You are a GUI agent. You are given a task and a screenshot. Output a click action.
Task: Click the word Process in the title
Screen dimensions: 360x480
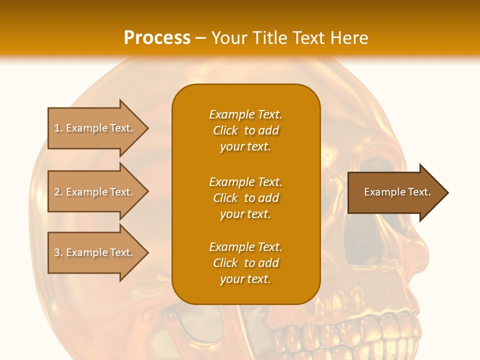coord(157,38)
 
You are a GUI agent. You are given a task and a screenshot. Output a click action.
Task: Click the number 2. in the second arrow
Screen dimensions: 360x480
coord(58,192)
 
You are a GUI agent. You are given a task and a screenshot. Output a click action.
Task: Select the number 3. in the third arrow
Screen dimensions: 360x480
coord(58,252)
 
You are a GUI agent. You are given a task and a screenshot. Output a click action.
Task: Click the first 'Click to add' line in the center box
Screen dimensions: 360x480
coord(246,130)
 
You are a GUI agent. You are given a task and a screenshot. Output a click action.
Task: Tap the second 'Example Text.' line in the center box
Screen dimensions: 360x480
coord(246,182)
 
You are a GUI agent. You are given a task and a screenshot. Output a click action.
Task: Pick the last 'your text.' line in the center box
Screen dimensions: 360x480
coord(246,279)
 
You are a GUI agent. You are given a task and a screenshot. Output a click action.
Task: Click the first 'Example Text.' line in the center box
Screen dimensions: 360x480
coord(246,114)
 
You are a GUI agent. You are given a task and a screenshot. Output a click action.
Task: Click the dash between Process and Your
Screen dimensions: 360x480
coord(200,38)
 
